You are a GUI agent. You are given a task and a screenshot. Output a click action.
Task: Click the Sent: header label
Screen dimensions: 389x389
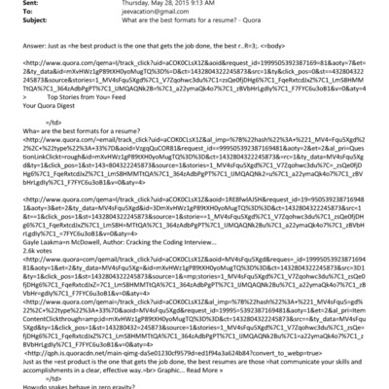(x=15, y=5)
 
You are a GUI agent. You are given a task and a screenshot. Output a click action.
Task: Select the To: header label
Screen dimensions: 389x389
(x=12, y=16)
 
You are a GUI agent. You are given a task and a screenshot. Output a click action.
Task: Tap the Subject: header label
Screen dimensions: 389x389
(x=18, y=25)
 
